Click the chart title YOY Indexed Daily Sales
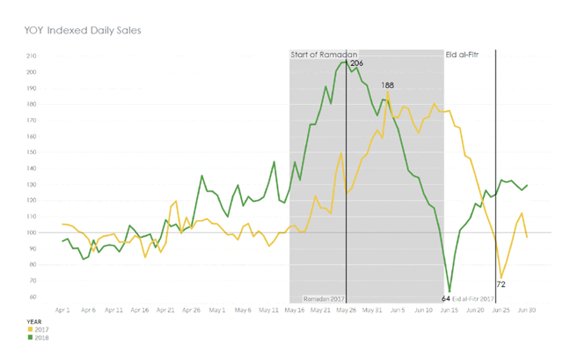[x=83, y=30]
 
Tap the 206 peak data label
[x=356, y=63]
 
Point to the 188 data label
[x=387, y=85]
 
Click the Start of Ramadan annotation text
[x=322, y=55]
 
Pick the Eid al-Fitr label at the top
[x=465, y=55]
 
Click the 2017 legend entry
[x=40, y=328]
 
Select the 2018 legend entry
[x=40, y=336]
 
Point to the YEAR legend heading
[x=34, y=321]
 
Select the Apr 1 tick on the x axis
[x=62, y=311]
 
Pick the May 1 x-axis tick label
[x=217, y=311]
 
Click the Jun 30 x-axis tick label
[x=527, y=311]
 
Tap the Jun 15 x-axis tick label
[x=450, y=311]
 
